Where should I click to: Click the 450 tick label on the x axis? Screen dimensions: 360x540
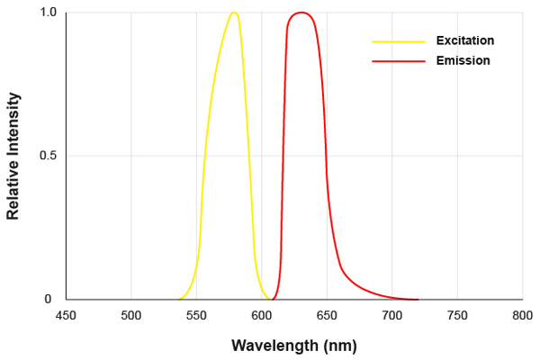point(66,316)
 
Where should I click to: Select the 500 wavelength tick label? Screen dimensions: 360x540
point(131,316)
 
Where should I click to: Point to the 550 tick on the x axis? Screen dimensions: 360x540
point(196,316)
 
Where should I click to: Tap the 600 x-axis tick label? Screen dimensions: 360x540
point(262,316)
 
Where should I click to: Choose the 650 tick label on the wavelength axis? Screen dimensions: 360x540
point(327,316)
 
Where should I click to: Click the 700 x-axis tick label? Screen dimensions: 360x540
point(391,316)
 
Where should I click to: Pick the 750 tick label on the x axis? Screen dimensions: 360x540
point(457,316)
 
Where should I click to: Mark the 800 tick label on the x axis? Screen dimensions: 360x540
point(522,316)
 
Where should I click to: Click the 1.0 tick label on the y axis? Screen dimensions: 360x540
point(48,13)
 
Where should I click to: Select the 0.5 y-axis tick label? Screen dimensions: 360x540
point(48,156)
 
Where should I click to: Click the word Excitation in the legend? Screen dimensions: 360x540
point(465,40)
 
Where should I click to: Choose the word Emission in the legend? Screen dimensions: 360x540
point(463,60)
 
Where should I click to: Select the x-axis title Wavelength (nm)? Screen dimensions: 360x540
point(293,345)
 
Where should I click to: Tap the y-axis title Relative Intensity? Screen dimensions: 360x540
point(13,156)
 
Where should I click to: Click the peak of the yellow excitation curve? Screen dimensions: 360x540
point(234,13)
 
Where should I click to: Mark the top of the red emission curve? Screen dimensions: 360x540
point(301,13)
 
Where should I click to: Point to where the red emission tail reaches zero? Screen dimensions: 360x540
point(418,299)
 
